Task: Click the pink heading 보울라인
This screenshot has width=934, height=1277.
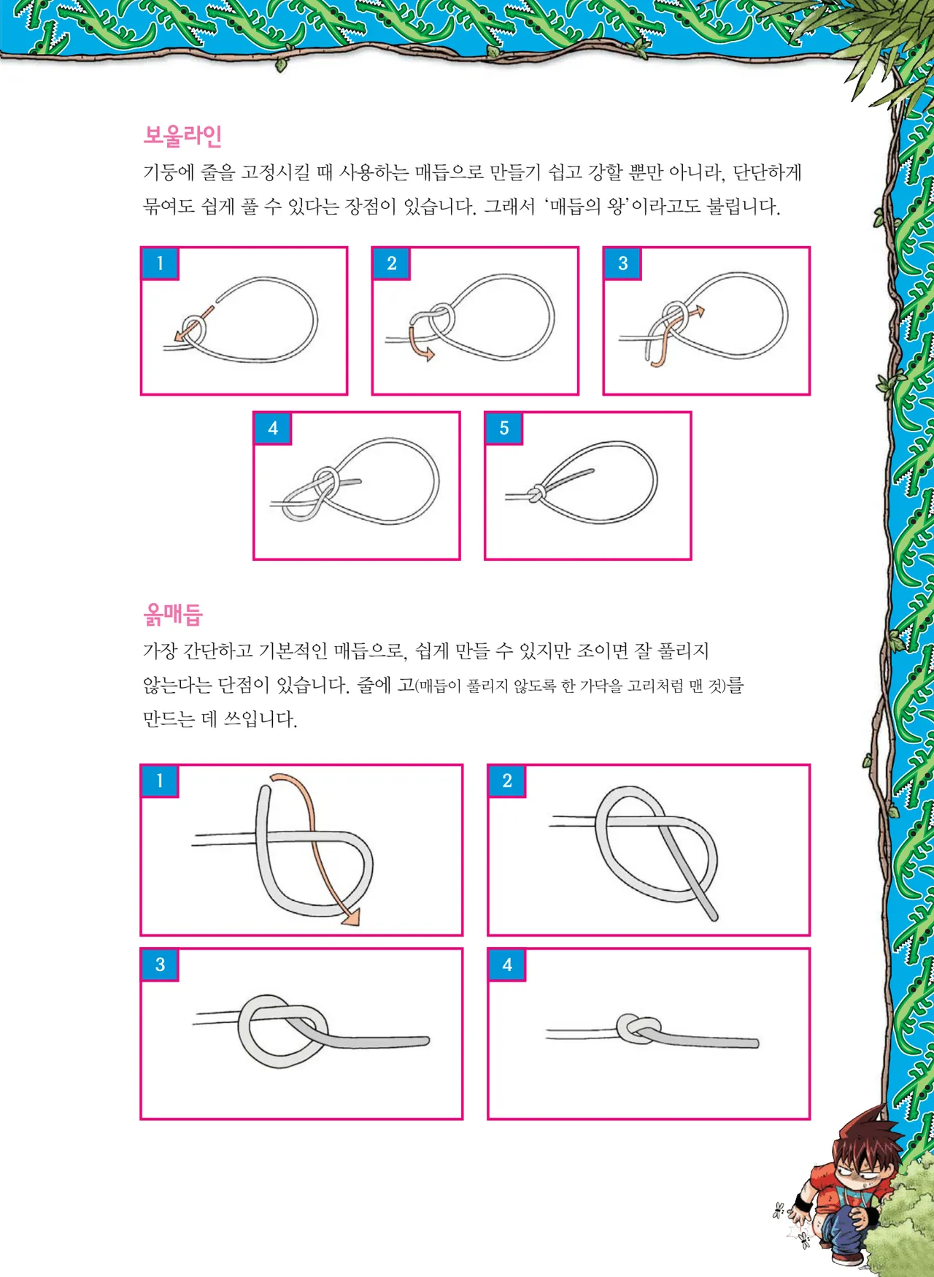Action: (182, 136)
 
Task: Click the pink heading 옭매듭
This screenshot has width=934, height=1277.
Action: (173, 614)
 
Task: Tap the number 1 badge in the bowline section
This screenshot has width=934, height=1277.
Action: (160, 264)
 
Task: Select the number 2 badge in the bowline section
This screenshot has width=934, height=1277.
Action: (391, 264)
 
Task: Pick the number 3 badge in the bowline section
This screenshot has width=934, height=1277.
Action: (622, 264)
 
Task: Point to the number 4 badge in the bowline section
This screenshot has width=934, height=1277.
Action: (272, 429)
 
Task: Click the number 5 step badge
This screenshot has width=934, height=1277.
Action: (503, 429)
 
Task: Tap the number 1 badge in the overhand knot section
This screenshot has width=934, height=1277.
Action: (160, 781)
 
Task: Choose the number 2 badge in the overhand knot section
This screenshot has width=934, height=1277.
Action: (507, 781)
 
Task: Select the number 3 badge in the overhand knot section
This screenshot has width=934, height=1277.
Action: (160, 965)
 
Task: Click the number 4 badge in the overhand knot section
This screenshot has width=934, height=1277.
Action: (507, 965)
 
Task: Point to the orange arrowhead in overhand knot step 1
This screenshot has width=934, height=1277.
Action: (351, 917)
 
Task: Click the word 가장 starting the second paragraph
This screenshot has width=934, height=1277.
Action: (160, 651)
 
